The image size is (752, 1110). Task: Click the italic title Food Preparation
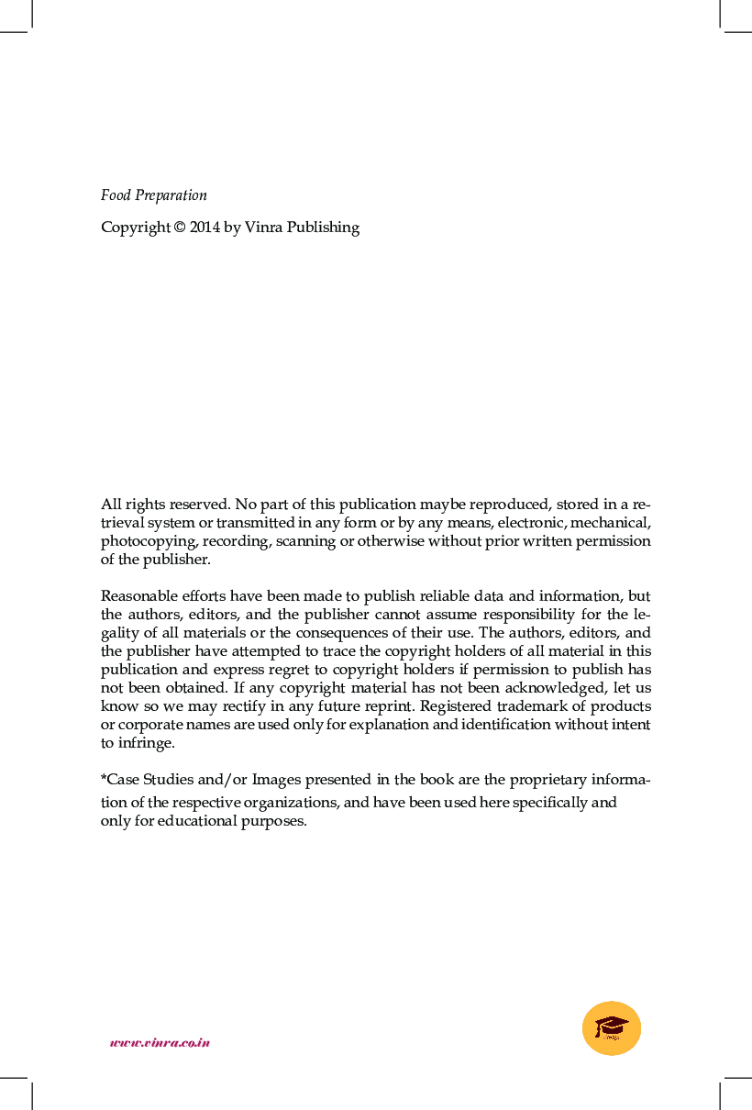[x=153, y=195]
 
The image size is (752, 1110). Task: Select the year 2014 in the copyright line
[x=205, y=228]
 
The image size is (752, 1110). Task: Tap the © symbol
[x=179, y=228]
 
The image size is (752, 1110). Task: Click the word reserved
[x=199, y=505]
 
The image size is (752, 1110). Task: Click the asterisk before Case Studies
[x=104, y=779]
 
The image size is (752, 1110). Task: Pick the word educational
[x=192, y=821]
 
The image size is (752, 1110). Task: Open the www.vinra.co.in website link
[x=160, y=1043]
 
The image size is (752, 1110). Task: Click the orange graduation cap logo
[x=612, y=1027]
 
